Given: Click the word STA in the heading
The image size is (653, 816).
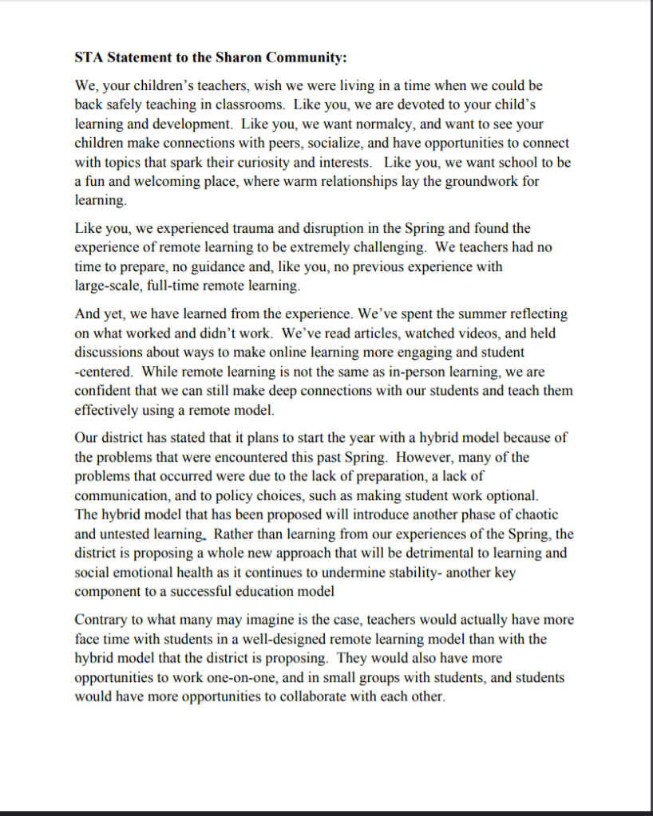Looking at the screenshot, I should (x=88, y=57).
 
